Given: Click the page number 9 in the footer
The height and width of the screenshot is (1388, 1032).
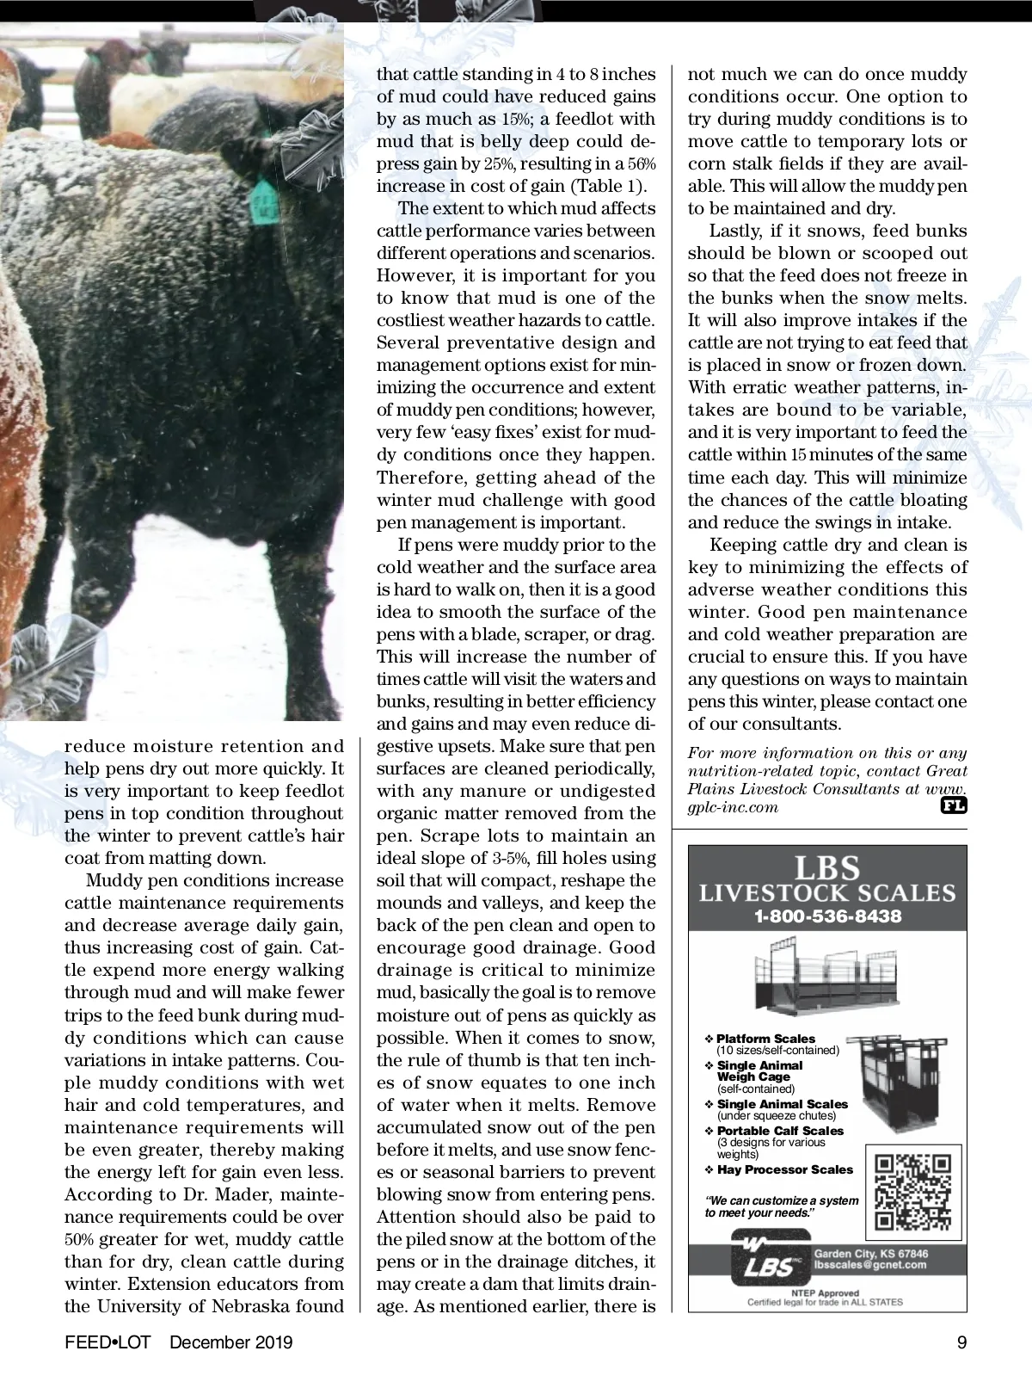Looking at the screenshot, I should click(961, 1342).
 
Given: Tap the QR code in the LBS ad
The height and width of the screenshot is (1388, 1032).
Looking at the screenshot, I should click(912, 1193).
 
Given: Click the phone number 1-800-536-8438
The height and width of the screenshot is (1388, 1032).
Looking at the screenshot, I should click(827, 916).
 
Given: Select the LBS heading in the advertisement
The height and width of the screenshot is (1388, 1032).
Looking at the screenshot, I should click(826, 867).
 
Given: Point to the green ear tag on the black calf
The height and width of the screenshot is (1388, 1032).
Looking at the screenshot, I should click(261, 203).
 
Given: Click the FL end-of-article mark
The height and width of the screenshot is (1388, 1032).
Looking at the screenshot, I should click(955, 806).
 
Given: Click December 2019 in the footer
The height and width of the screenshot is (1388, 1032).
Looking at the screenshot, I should click(231, 1342).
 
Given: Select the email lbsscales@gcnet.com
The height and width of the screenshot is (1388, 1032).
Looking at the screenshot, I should click(869, 1265).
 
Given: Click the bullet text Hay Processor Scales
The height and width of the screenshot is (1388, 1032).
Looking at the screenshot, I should click(784, 1169).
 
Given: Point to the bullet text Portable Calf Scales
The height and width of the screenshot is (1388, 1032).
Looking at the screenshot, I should click(780, 1131).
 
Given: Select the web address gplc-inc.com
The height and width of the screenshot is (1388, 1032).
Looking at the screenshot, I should click(733, 807).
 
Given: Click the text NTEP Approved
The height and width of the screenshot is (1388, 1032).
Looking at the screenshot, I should click(826, 1292).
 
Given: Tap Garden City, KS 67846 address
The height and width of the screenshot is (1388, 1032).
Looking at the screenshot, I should click(871, 1253).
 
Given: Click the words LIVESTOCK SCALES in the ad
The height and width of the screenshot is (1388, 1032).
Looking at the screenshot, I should click(826, 892).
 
